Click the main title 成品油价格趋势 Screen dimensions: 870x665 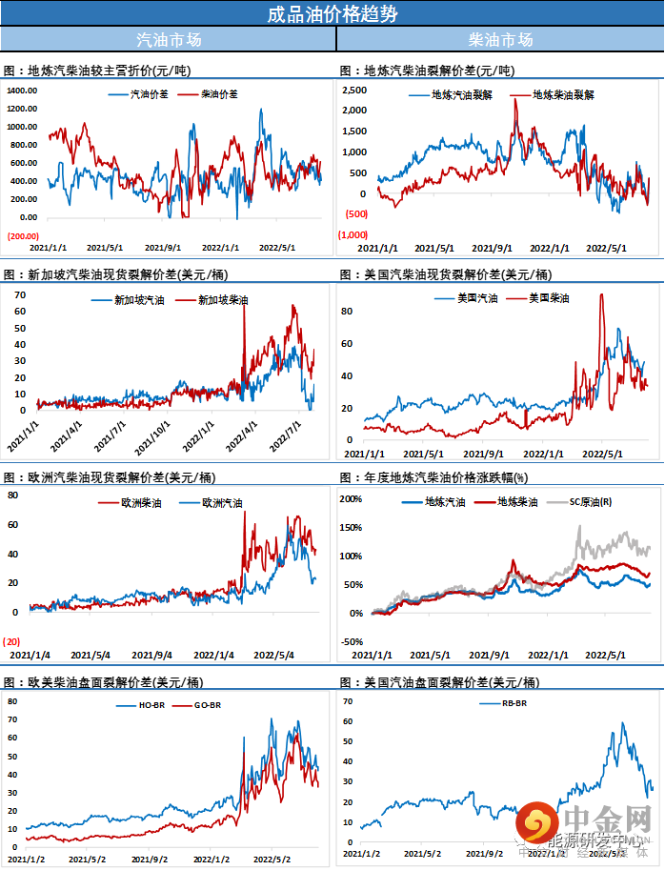click(x=332, y=13)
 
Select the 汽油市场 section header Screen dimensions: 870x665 click(x=169, y=40)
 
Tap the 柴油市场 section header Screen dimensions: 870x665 click(x=500, y=40)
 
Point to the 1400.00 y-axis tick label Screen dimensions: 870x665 click(x=21, y=91)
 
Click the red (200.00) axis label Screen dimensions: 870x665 click(x=23, y=236)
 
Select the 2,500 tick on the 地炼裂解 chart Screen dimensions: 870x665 click(x=354, y=90)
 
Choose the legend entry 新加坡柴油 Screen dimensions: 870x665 click(x=221, y=300)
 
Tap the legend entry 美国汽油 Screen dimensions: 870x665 click(x=477, y=298)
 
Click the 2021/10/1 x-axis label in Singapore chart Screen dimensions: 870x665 click(x=152, y=434)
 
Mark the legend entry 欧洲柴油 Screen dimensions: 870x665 click(x=140, y=502)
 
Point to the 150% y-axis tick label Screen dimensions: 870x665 click(x=352, y=527)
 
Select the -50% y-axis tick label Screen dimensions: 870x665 click(x=352, y=641)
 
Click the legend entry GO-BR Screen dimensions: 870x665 click(x=207, y=705)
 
